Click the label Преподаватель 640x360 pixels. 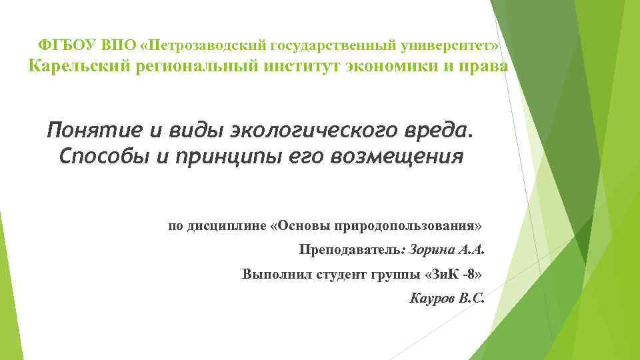click(x=351, y=251)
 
